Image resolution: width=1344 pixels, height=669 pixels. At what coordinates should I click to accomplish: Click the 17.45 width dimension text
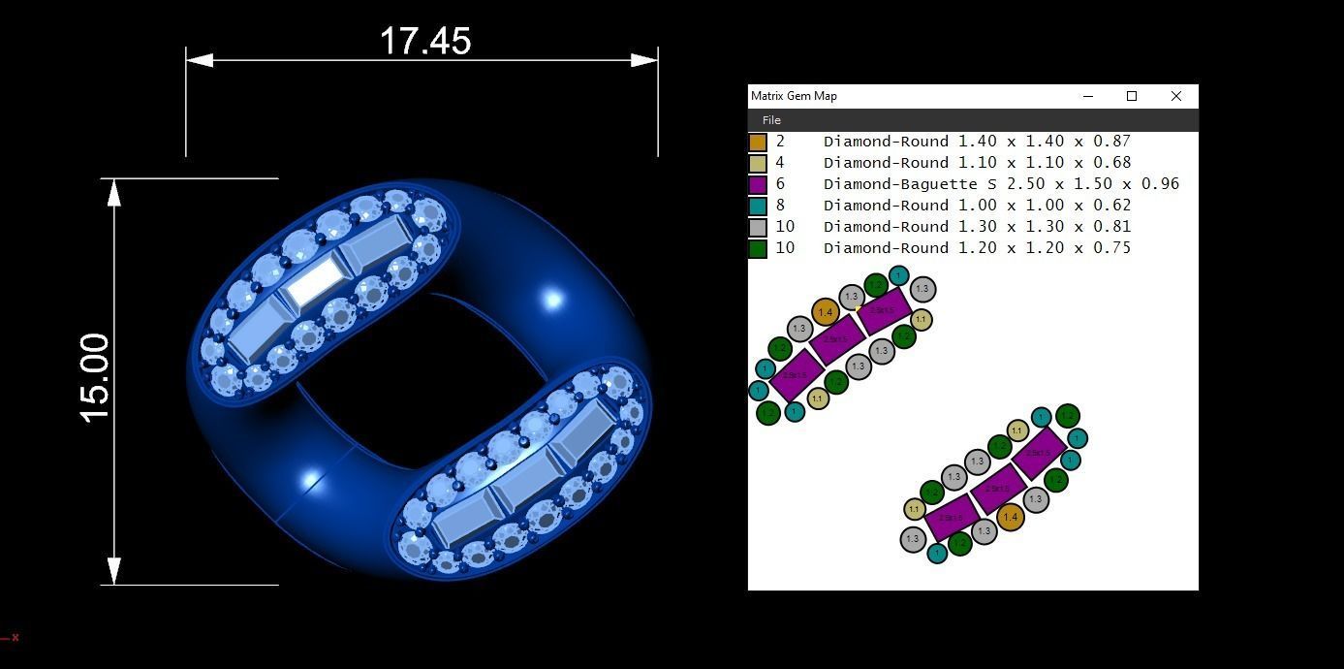tap(425, 42)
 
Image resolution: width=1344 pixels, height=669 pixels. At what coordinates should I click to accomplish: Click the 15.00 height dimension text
tap(96, 378)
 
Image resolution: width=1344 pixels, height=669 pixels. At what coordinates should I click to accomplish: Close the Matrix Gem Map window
tap(1175, 96)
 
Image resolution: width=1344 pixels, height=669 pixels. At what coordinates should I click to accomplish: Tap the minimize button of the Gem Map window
tap(1087, 96)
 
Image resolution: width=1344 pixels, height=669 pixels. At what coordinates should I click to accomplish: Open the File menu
tap(771, 120)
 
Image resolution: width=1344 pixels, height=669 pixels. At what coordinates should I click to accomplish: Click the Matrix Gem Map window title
tap(794, 96)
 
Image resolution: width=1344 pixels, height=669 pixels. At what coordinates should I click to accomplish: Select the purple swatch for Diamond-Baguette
tap(758, 184)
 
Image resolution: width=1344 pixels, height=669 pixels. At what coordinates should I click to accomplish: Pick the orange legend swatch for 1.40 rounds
tap(758, 142)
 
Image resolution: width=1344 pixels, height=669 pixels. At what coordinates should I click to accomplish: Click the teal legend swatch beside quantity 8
tap(758, 206)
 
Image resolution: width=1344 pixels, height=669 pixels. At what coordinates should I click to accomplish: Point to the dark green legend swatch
tap(758, 248)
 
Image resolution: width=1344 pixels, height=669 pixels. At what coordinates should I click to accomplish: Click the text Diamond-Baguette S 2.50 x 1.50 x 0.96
tap(1000, 184)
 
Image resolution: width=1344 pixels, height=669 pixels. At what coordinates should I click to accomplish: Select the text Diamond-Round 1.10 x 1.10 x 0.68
tap(977, 163)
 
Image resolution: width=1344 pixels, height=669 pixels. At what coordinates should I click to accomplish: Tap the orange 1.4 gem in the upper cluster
tap(825, 312)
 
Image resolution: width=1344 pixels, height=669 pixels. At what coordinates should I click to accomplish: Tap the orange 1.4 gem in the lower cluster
tap(1010, 518)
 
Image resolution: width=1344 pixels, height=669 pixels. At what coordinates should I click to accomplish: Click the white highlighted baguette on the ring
tap(316, 283)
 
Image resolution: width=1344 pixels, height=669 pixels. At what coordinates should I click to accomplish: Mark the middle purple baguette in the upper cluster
tap(836, 340)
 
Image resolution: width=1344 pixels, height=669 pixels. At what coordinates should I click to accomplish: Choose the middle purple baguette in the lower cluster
tap(997, 490)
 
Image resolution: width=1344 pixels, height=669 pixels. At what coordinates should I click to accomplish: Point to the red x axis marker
tap(15, 637)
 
